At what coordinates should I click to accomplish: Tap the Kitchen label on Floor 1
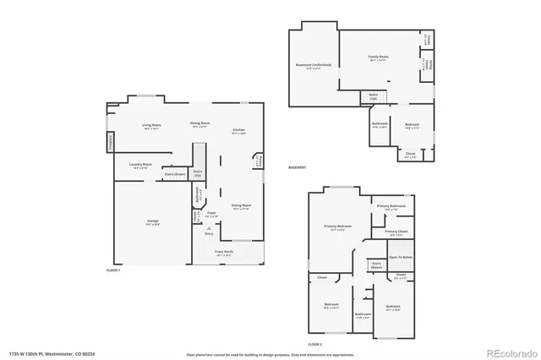(239, 131)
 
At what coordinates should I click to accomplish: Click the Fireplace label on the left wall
(111, 145)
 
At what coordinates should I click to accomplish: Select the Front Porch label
(224, 252)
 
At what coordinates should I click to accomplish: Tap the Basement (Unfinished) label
(313, 65)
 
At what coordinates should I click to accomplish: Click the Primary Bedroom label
(338, 226)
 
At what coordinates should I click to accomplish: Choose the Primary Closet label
(396, 232)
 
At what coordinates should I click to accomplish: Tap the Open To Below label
(401, 256)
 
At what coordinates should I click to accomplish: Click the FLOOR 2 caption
(315, 345)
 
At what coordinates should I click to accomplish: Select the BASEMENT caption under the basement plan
(298, 167)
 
